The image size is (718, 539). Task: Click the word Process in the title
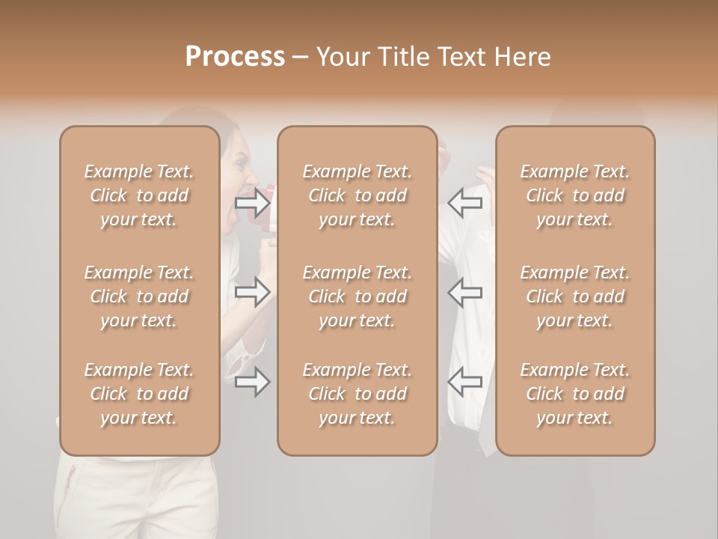[235, 56]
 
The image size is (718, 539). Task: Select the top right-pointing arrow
[252, 202]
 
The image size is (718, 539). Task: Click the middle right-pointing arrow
[252, 292]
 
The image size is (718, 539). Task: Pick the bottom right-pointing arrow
[252, 383]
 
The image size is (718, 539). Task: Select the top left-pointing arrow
[465, 202]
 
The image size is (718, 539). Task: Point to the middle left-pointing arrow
[465, 292]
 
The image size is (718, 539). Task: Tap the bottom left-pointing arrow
[465, 383]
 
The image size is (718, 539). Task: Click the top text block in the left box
[139, 195]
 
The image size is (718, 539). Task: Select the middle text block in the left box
[139, 296]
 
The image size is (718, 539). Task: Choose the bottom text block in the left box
[139, 394]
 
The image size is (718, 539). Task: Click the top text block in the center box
[358, 195]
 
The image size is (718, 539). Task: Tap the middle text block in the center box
[358, 296]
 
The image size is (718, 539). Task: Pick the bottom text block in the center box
[358, 394]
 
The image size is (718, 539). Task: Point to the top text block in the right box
[575, 195]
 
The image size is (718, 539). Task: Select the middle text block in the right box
[575, 296]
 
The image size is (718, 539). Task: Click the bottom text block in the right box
[575, 394]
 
